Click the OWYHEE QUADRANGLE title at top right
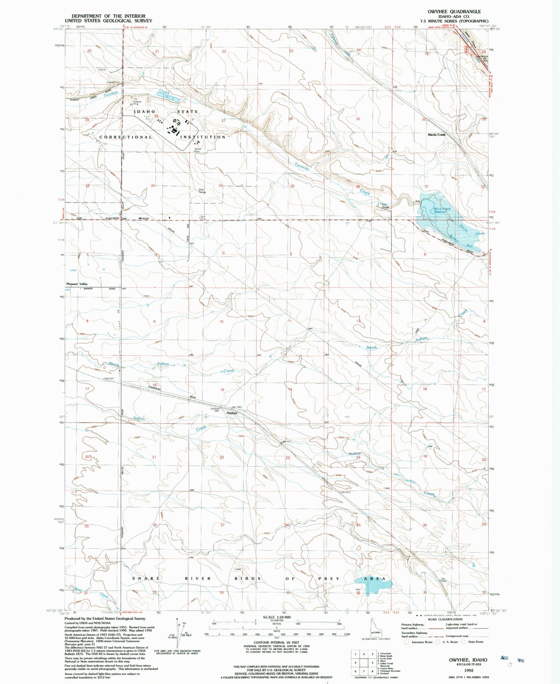454,12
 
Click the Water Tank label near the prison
197,150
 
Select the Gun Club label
202,218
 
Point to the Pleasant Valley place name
77,284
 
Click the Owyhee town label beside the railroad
232,413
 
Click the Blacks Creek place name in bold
436,135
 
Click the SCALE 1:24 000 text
277,617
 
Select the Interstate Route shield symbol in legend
407,642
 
